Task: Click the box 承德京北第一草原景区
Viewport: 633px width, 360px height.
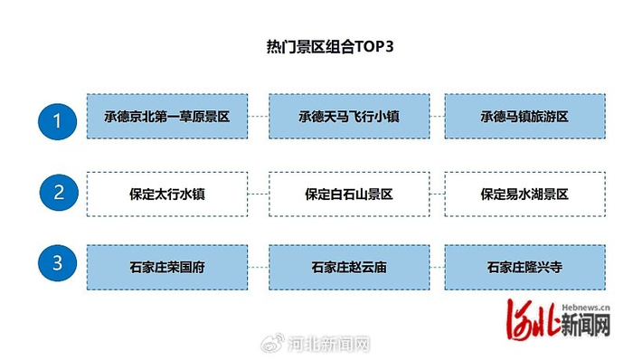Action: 167,117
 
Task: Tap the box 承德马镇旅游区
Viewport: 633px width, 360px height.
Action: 524,117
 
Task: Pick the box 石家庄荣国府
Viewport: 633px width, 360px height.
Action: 167,268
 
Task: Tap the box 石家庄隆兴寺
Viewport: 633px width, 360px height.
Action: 524,268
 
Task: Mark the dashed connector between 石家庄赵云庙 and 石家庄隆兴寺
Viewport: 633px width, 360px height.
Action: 436,268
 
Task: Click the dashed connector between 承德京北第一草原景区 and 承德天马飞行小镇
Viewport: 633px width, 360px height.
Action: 259,117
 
